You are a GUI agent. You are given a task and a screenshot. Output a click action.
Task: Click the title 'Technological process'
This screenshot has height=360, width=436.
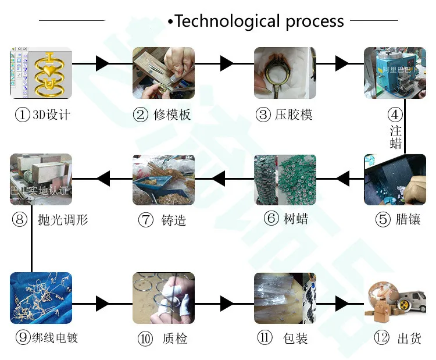pos(259,22)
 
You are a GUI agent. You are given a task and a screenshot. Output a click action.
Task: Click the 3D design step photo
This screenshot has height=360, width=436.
pos(41,73)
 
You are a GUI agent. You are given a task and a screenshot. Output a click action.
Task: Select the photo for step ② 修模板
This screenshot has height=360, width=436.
pos(163,73)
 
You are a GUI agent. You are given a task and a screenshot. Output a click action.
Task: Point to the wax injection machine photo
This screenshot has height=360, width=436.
pos(391,73)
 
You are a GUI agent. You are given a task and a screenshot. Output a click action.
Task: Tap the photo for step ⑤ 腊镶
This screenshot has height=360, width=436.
pos(391,180)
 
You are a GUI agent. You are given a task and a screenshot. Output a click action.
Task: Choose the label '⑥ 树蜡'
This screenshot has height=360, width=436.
pos(285,219)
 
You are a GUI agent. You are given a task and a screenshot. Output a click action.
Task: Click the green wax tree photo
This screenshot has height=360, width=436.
pos(285,180)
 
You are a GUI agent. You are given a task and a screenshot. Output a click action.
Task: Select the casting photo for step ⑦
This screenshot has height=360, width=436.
pos(163,180)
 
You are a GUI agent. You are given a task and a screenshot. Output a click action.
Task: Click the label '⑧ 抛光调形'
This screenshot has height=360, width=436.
pos(50,220)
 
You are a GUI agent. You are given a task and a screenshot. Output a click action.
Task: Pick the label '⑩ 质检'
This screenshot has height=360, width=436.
pos(163,338)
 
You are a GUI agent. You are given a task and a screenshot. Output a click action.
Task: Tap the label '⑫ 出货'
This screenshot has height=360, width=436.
pos(398,338)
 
